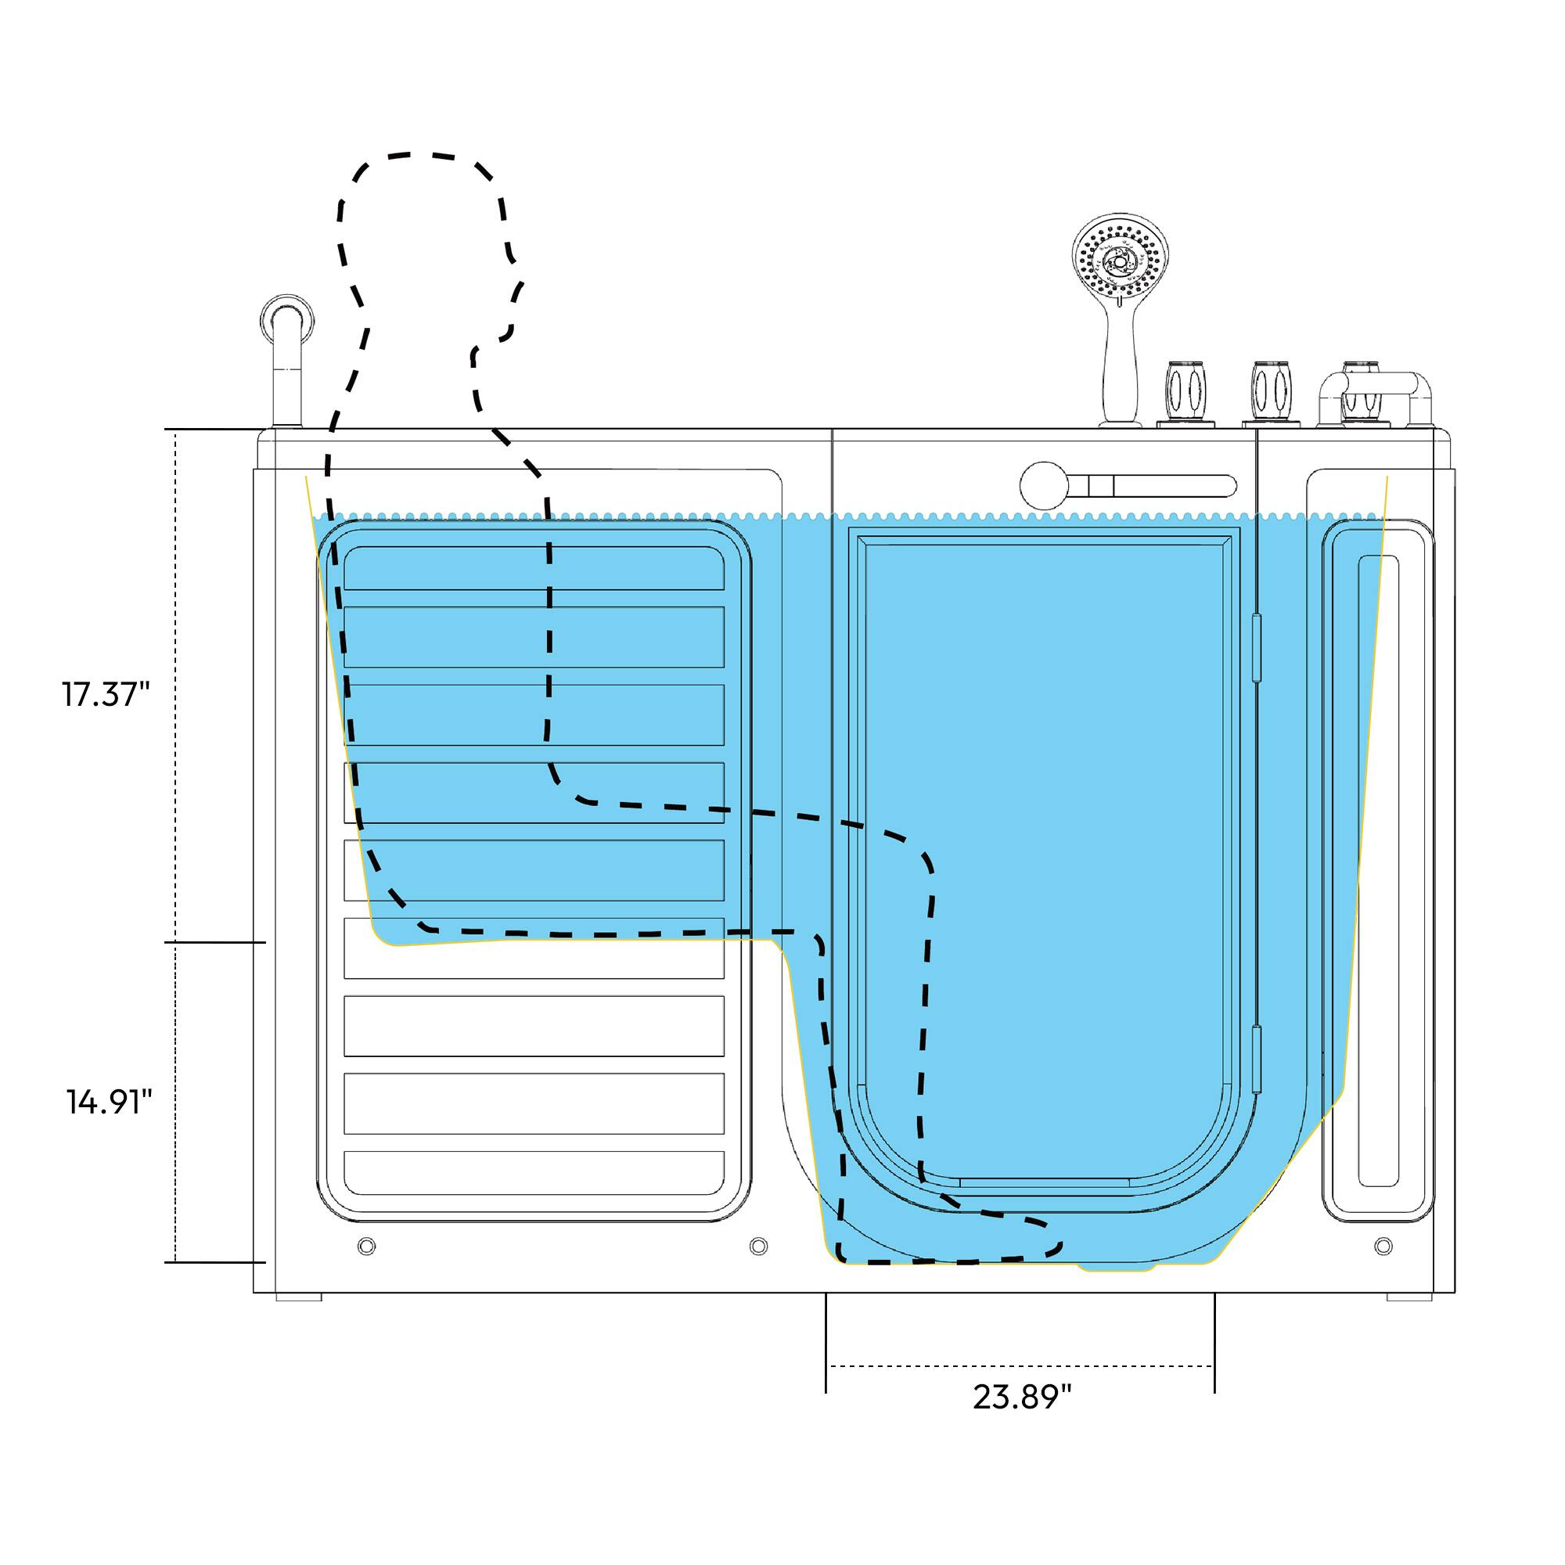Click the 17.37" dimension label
point(106,694)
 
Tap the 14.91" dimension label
point(110,1102)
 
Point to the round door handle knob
point(1044,486)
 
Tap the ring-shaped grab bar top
point(287,319)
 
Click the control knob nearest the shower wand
point(1185,392)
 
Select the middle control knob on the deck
point(1272,392)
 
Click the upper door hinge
point(1257,647)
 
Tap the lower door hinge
point(1257,1059)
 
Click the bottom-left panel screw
point(366,1246)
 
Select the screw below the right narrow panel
point(1383,1246)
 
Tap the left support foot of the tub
point(298,1297)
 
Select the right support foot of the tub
point(1408,1297)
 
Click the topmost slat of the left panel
point(534,568)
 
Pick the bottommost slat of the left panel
point(534,1173)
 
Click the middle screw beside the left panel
point(758,1246)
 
